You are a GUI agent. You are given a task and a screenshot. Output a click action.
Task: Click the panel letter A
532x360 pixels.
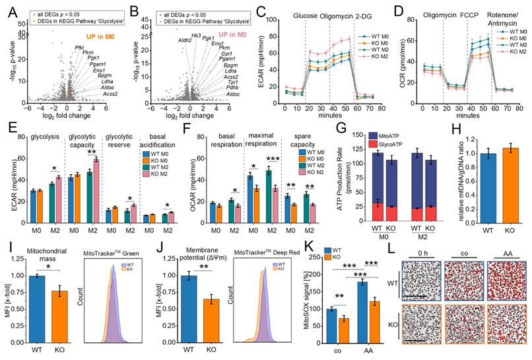(6, 7)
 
